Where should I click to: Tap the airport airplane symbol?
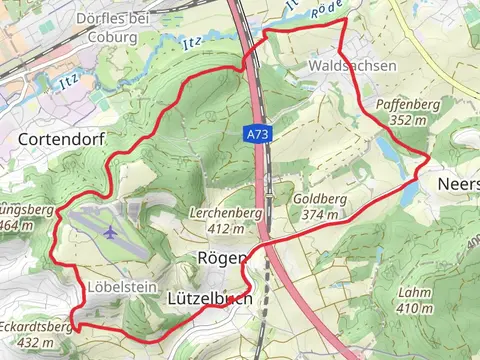tap(109, 232)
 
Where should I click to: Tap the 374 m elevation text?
tap(319, 214)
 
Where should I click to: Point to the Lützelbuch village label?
tap(208, 298)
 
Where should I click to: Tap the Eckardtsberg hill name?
tap(36, 327)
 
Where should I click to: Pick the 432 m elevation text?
tap(35, 342)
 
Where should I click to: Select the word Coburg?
tap(112, 37)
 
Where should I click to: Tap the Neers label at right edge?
tap(458, 185)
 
